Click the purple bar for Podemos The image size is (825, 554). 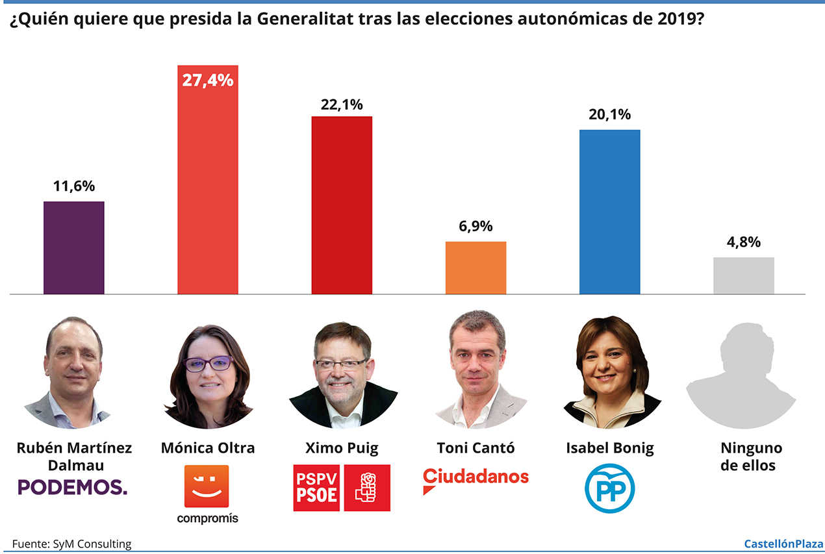click(x=73, y=247)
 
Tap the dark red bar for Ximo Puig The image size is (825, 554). click(x=342, y=205)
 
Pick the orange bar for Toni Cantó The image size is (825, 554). click(x=476, y=268)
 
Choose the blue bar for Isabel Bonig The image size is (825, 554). click(x=609, y=212)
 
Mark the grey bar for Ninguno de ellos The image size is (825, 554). click(x=743, y=275)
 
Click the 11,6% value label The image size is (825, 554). click(x=73, y=186)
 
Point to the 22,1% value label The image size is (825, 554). click(x=342, y=104)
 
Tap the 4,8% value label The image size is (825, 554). click(x=743, y=242)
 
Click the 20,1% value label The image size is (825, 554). click(x=609, y=115)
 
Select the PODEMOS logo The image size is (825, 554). click(x=72, y=487)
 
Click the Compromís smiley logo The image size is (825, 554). click(x=207, y=486)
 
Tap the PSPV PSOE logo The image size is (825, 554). click(x=342, y=487)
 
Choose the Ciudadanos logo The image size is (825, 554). click(x=476, y=479)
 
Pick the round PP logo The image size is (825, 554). click(x=609, y=488)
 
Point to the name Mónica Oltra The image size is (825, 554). click(x=208, y=448)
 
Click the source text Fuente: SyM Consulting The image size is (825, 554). click(x=71, y=544)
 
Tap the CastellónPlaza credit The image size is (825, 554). click(x=783, y=544)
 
